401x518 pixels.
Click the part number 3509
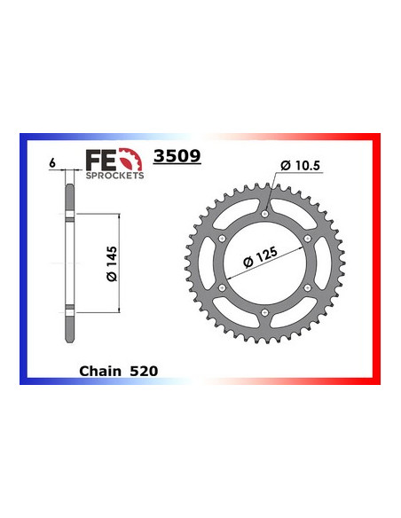coord(177,157)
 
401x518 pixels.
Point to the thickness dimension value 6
coord(53,164)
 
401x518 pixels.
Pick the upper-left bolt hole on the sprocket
coord(222,238)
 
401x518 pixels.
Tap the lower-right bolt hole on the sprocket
coord(308,287)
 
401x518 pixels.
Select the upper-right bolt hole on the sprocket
coord(308,238)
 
